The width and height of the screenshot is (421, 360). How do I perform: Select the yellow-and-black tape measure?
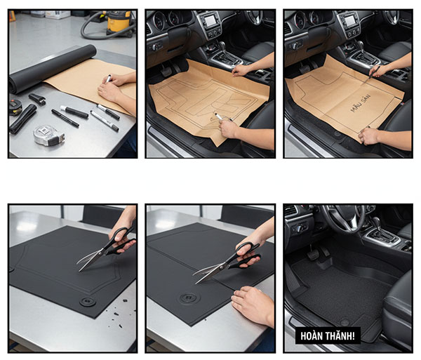(x=15, y=107)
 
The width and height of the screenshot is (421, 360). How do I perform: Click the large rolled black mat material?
(x=53, y=69)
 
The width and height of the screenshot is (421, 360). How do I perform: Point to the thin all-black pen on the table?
(x=65, y=118)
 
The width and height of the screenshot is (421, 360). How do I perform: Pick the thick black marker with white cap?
(x=74, y=112)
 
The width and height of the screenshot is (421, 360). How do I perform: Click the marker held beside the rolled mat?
(x=108, y=79)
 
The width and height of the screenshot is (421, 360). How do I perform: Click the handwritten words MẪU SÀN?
(x=361, y=103)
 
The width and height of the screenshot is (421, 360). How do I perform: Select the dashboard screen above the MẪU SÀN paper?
(x=350, y=20)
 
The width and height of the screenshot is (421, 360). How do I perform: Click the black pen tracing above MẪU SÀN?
(x=374, y=72)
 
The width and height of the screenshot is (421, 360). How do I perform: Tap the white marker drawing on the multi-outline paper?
(x=219, y=116)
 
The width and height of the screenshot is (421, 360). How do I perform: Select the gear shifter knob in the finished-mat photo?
(x=377, y=222)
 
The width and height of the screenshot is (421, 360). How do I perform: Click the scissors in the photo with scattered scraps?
(x=107, y=249)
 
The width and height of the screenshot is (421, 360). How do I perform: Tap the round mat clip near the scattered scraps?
(x=88, y=302)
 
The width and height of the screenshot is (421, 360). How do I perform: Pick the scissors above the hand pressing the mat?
(x=227, y=262)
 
